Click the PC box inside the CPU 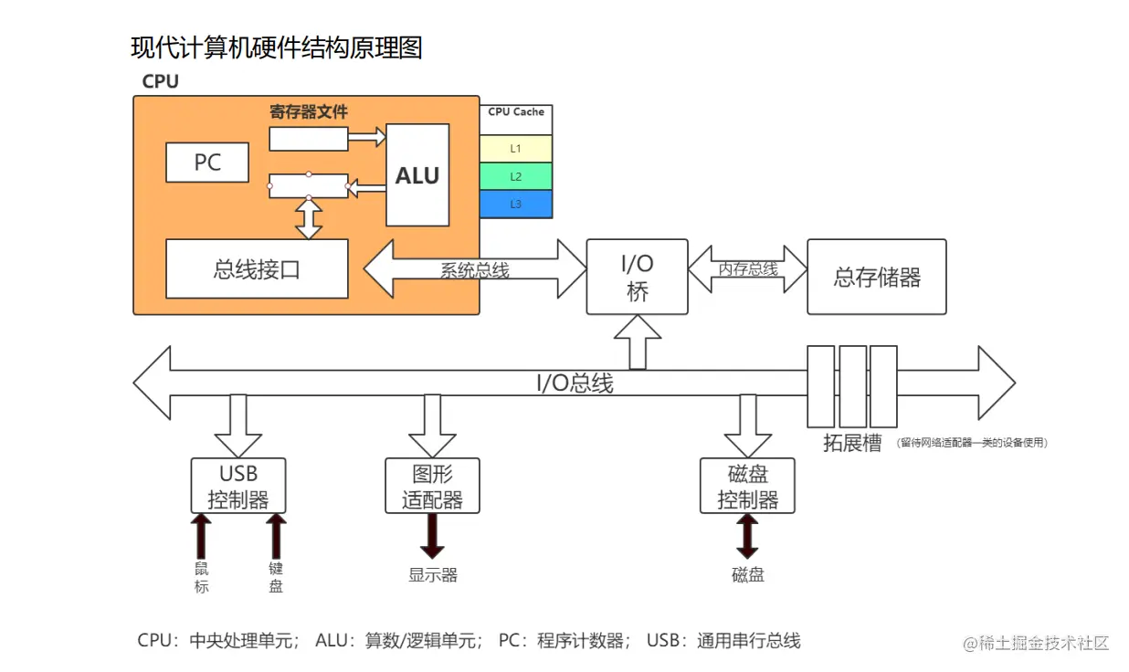(207, 163)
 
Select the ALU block (417, 174)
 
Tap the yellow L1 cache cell (515, 149)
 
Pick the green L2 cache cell (515, 176)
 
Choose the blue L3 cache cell (515, 204)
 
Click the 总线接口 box (257, 269)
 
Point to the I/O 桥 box (637, 277)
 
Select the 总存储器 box (877, 277)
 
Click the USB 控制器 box (238, 486)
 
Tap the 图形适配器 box (432, 486)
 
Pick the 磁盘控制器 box (747, 486)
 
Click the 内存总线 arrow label (748, 269)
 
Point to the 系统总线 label (475, 270)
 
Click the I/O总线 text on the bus (575, 383)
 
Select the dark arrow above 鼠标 (201, 536)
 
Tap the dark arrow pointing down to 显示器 (432, 536)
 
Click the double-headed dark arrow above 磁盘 (747, 536)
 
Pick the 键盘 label (276, 577)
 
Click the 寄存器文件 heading (309, 111)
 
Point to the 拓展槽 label (853, 443)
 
